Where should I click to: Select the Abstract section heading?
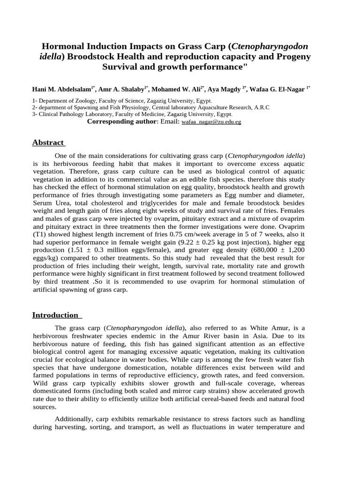click(x=48, y=143)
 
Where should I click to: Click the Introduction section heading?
click(x=55, y=315)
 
